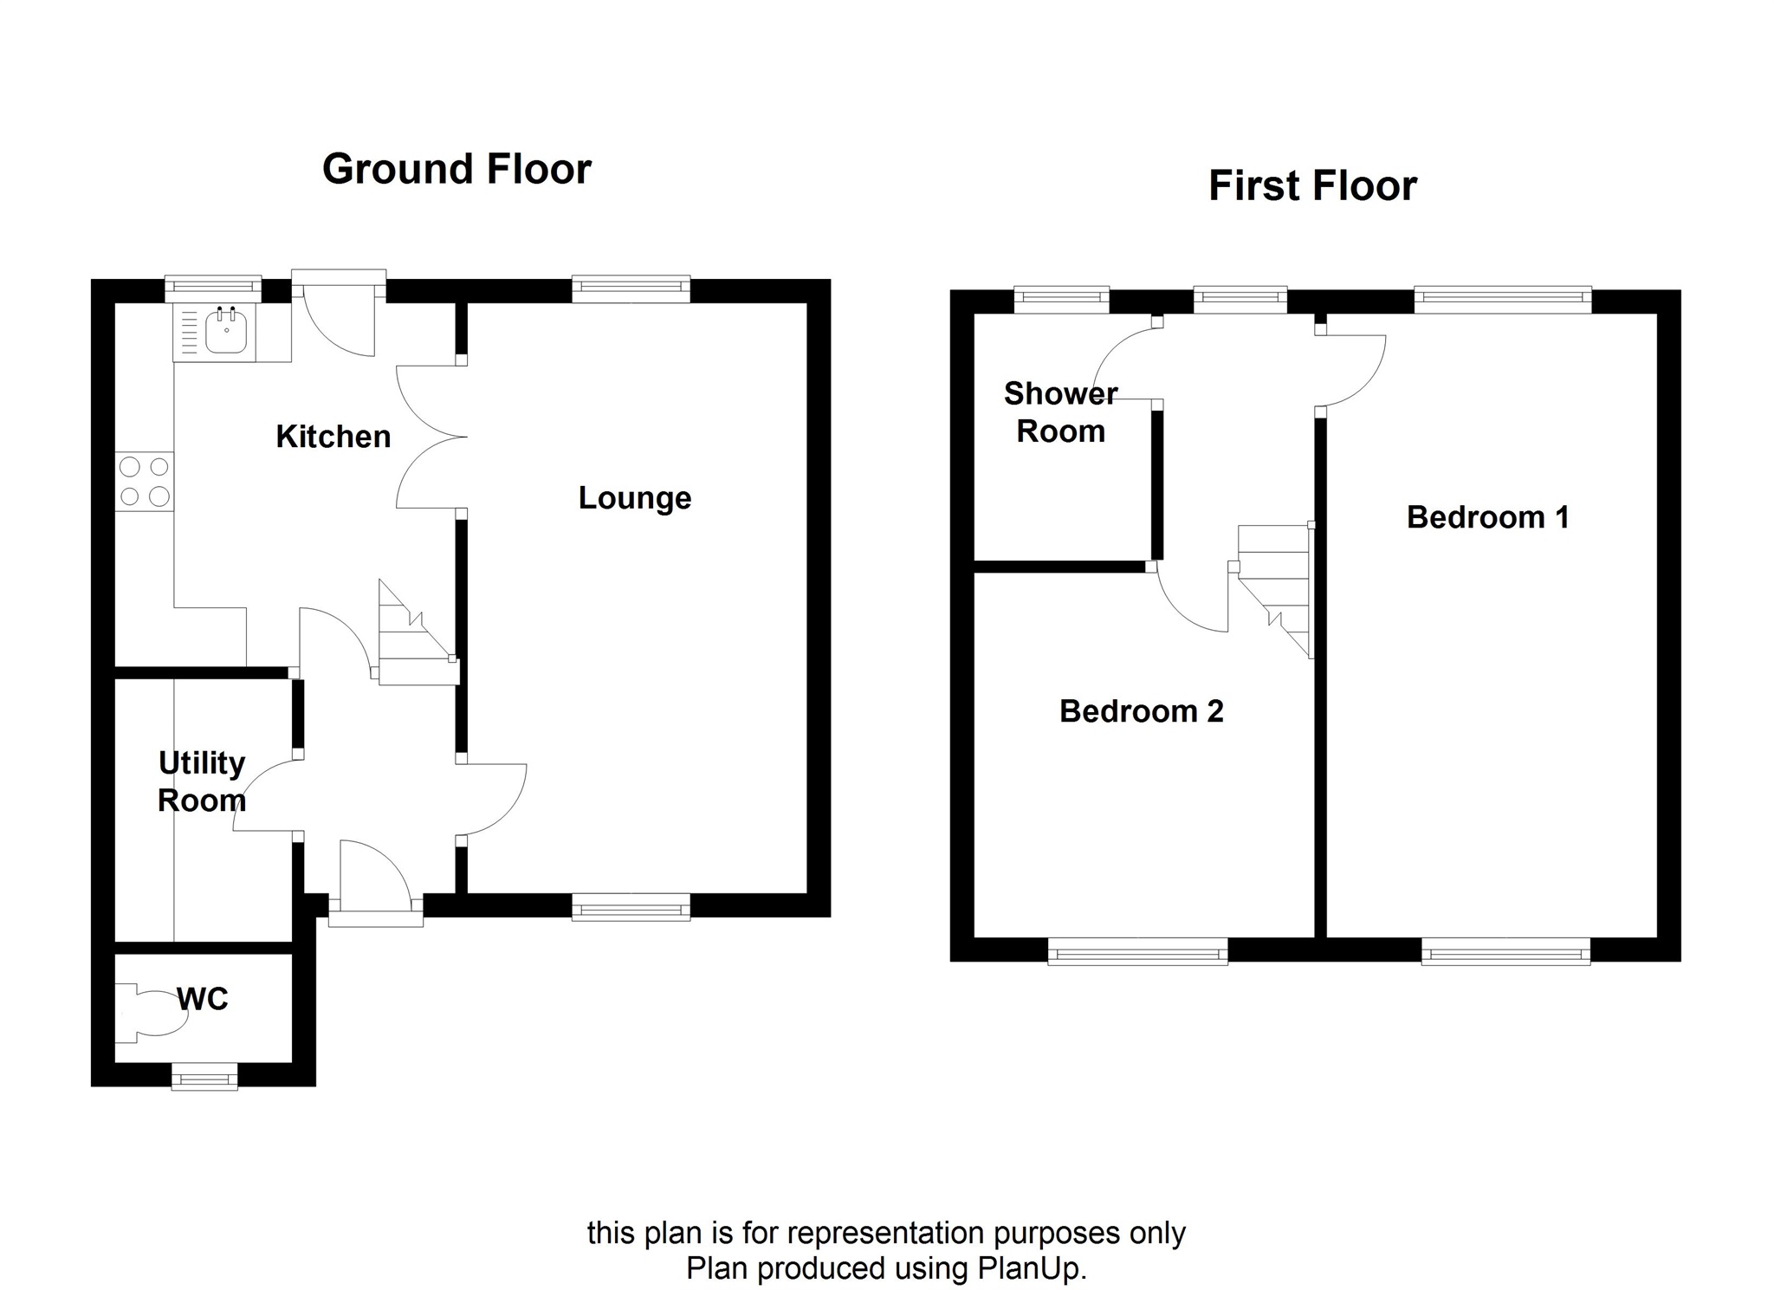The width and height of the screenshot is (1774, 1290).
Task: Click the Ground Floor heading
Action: coord(456,169)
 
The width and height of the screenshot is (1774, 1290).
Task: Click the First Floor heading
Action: coord(1312,186)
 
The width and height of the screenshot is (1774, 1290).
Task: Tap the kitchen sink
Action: coord(226,332)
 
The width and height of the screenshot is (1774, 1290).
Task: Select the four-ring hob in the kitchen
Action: coord(145,482)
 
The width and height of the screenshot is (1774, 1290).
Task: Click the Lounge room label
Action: coord(635,498)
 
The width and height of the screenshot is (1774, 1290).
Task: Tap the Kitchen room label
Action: coord(333,437)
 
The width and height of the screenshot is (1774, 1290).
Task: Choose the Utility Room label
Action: coord(202,781)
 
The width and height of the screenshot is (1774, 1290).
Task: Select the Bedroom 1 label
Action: coord(1487,517)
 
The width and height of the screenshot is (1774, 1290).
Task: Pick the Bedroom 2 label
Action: coord(1141,711)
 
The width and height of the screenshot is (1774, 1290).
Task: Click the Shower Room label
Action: coord(1060,412)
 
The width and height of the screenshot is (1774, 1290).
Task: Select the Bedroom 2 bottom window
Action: coord(1137,954)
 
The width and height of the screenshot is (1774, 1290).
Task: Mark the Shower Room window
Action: coord(1061,300)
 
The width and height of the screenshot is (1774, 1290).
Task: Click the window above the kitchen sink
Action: coord(213,288)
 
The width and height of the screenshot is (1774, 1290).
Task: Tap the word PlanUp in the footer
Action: coord(1030,1268)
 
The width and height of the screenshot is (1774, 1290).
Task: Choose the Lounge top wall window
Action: coord(631,288)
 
